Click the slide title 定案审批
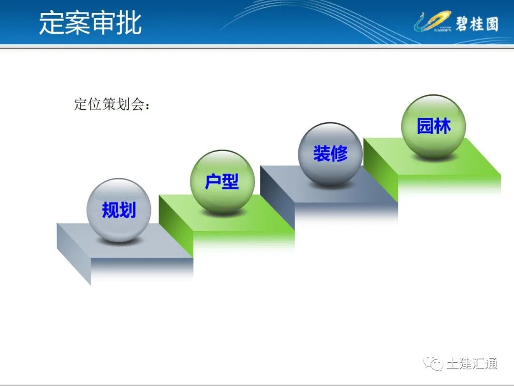coord(90,22)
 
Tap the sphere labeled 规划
coord(119,210)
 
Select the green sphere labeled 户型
coord(222,182)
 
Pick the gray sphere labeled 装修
coord(330,153)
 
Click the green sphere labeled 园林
coord(434,126)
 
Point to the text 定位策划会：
coord(112,105)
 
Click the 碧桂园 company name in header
coord(476,23)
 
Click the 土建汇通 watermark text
coord(472,364)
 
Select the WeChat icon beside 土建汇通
coord(435,364)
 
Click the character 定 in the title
coord(51,22)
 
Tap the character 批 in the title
coord(129,22)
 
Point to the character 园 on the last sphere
coord(425,126)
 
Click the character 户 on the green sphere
coord(213,182)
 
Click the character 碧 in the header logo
coord(462,23)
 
